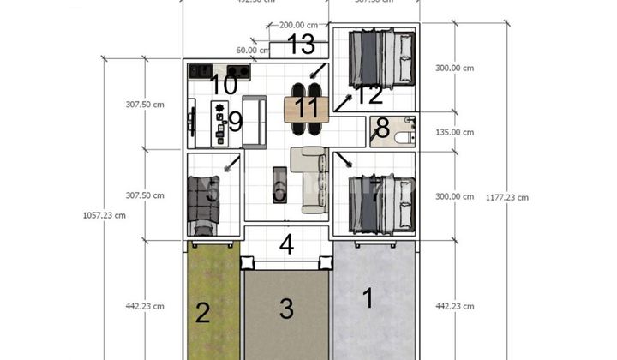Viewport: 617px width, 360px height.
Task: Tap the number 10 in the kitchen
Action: [223, 85]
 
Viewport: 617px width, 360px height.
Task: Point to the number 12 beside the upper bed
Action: [369, 93]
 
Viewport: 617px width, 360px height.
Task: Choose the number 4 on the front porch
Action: [286, 244]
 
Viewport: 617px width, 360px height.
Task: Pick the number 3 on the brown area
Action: [286, 308]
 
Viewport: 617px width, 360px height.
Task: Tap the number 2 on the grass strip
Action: [202, 313]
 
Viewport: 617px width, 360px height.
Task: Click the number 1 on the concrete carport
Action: [368, 299]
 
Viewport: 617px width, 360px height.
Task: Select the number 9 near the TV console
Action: [235, 122]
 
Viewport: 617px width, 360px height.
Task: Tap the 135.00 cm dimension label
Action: [454, 132]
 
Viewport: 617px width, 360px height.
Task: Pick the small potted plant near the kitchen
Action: [220, 109]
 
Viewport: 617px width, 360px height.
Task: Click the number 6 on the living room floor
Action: [279, 192]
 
